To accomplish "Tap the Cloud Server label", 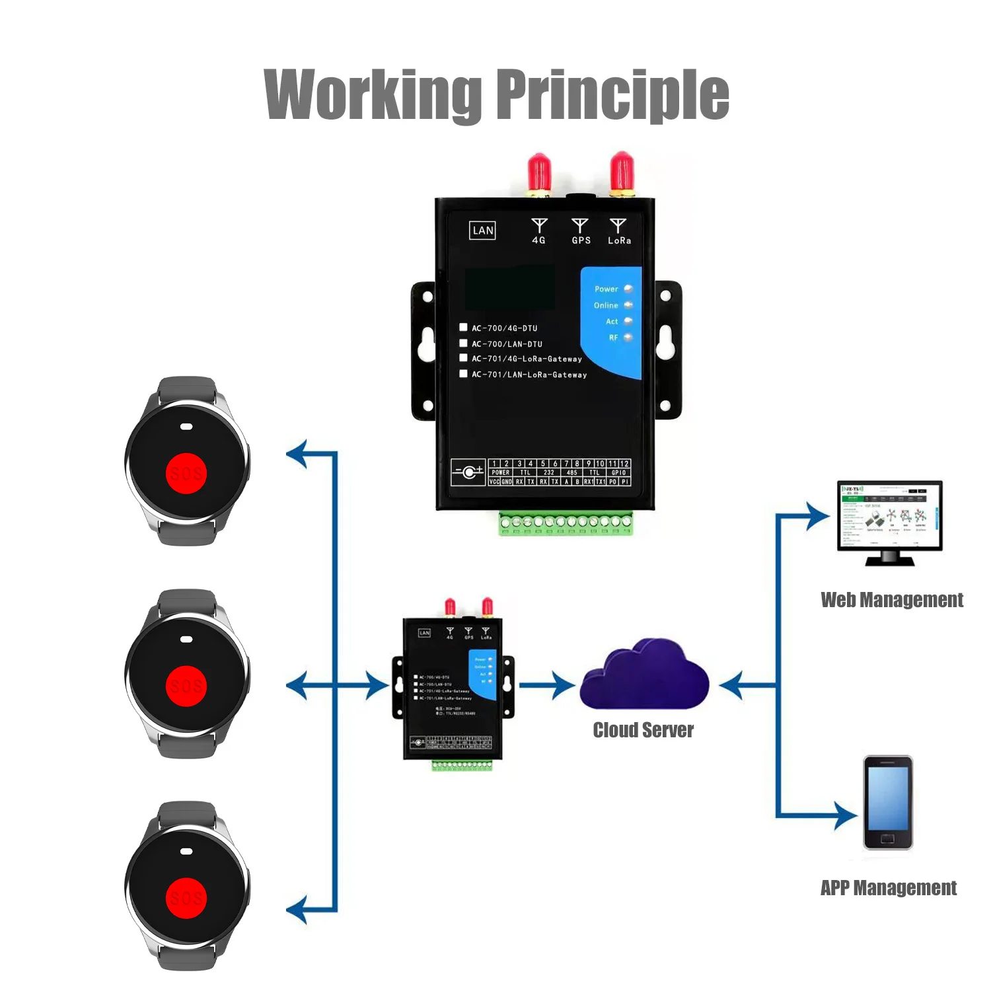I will pos(643,730).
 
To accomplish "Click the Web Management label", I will pos(891,600).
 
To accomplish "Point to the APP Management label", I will pos(888,888).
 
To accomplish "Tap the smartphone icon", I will pos(888,803).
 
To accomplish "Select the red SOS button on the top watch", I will pos(186,474).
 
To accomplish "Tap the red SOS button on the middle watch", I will pos(186,686).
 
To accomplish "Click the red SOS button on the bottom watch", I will pos(186,899).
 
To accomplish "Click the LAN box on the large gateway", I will pos(483,231).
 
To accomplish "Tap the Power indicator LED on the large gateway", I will pos(628,289).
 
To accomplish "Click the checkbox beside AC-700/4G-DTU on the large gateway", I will pos(463,327).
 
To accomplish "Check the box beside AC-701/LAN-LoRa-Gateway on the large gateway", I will pos(463,374).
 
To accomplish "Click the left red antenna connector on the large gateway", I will pos(539,173).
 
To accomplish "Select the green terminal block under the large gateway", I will pos(566,523).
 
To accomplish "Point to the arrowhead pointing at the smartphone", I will pos(845,815).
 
